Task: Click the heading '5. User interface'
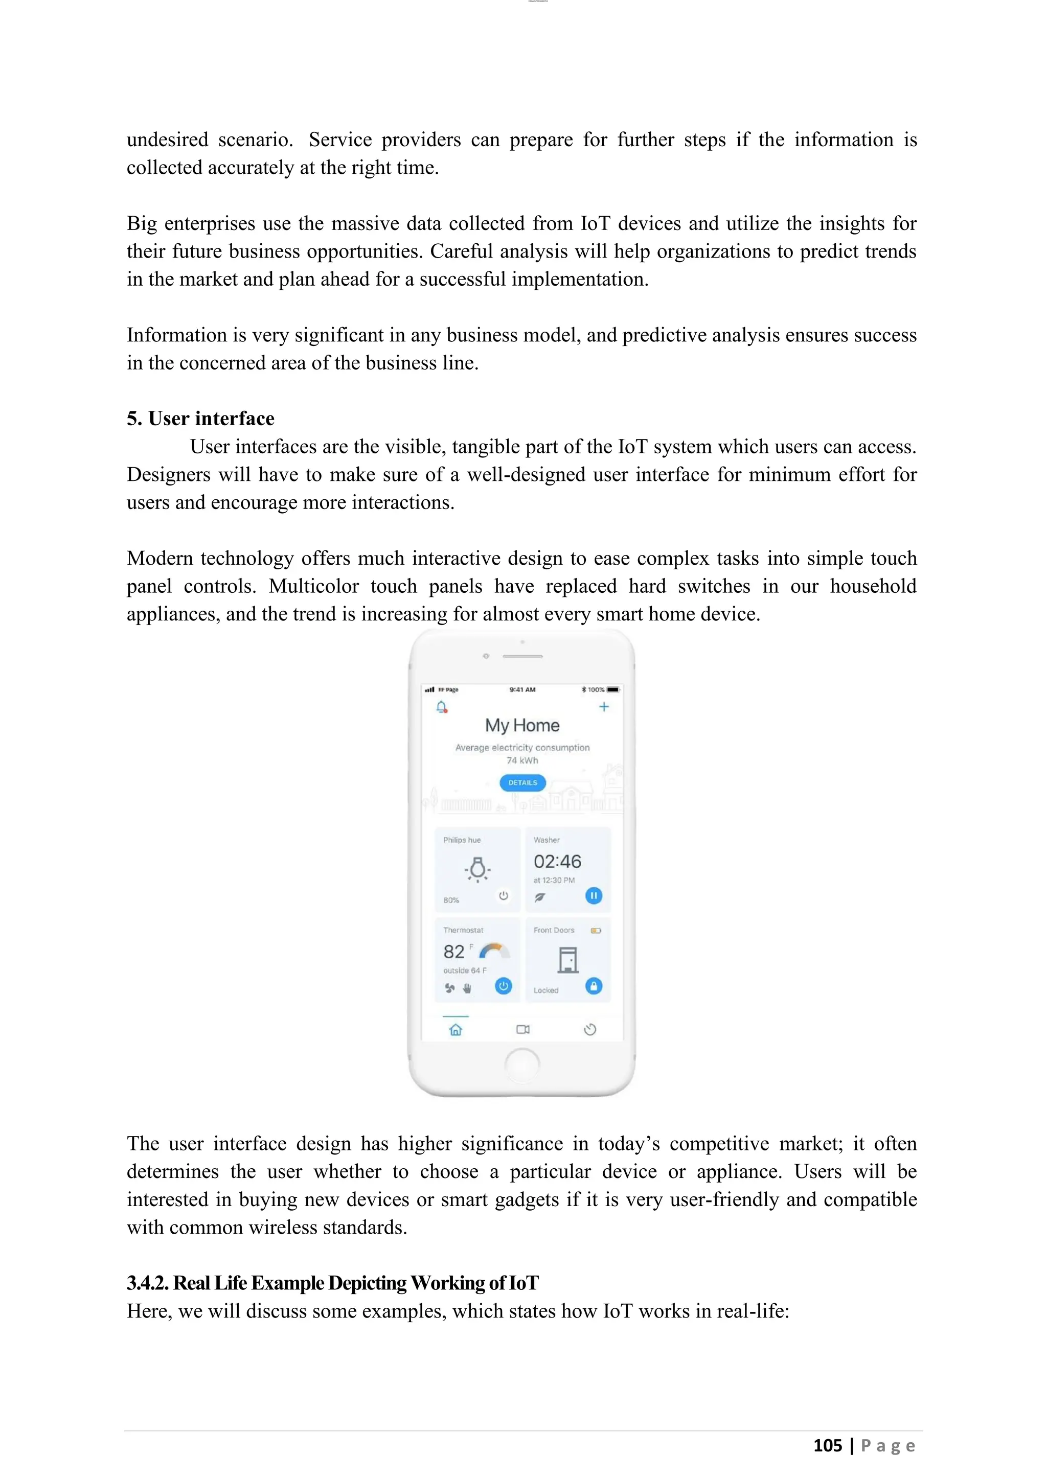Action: click(200, 419)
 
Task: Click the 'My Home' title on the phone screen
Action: click(522, 725)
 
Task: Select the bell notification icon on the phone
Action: click(442, 707)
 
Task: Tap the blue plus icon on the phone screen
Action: click(604, 707)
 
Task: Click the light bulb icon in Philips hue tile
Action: click(477, 869)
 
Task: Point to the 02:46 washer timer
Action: click(557, 861)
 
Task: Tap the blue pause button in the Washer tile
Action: click(593, 895)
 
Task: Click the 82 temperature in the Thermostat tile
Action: click(454, 952)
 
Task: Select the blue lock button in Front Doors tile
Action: click(593, 986)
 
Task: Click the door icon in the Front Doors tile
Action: click(568, 960)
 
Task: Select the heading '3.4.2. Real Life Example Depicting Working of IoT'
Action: click(333, 1283)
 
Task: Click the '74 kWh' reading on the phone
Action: click(522, 760)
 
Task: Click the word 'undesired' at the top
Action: click(167, 140)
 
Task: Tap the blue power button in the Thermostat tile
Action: click(503, 986)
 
